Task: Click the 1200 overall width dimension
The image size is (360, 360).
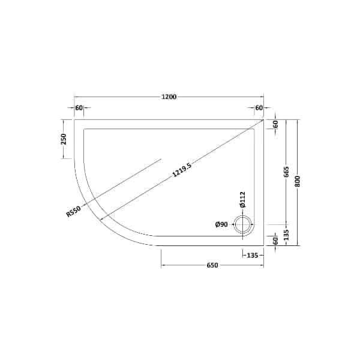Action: coord(169,97)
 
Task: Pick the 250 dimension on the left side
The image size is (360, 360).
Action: coord(63,139)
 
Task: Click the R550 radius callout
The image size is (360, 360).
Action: coord(74,211)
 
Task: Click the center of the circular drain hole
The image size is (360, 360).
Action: coord(243,225)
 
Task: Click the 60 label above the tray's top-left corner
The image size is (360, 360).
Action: coord(79,108)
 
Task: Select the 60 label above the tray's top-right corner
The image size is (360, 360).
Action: coord(259,108)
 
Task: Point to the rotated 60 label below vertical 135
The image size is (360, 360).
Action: coord(275,241)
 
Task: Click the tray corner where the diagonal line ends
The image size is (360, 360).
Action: coord(264,119)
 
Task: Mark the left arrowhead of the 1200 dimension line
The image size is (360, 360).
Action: coord(76,97)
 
